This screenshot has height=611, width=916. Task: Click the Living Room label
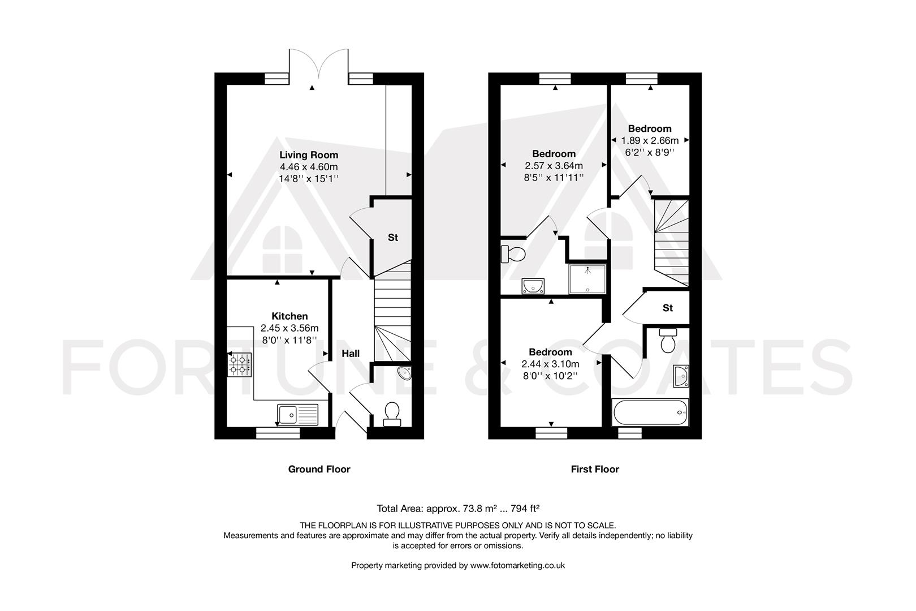[309, 154]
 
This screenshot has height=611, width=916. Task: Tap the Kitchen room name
[290, 316]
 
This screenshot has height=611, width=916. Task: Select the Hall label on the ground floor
[351, 354]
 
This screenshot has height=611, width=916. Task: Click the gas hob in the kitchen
[239, 364]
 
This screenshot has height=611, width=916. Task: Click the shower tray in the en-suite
[587, 279]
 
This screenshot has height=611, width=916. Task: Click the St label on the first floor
[668, 308]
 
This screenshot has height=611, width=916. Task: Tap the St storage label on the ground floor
[392, 238]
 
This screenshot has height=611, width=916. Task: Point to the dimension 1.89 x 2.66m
[650, 140]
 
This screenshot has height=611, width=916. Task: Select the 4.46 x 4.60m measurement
[309, 166]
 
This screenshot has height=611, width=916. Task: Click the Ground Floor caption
[319, 469]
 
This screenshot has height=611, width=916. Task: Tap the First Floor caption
[595, 469]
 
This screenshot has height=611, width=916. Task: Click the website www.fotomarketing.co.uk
[517, 565]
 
